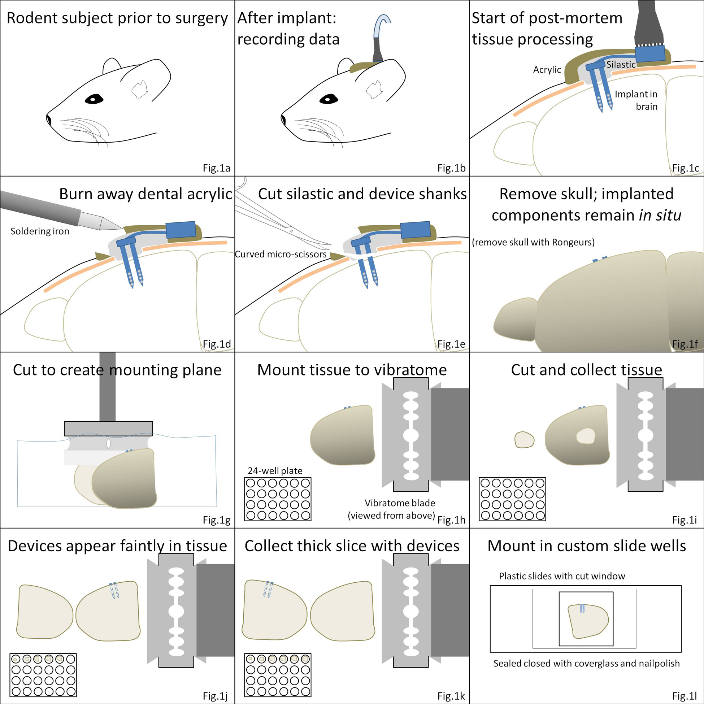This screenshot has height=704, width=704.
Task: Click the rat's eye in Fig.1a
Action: (94, 99)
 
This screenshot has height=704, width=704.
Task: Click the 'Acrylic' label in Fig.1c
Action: (547, 70)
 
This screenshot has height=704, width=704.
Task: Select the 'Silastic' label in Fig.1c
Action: (621, 65)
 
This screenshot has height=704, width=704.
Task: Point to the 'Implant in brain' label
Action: (636, 100)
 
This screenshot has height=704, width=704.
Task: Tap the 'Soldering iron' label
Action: (40, 231)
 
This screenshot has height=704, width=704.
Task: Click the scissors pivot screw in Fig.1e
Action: (291, 230)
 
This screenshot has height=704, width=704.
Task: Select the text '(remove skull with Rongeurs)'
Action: (533, 242)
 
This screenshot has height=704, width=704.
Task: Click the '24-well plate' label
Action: (275, 471)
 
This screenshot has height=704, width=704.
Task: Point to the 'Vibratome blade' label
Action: (400, 503)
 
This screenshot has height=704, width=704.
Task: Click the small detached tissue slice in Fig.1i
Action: (524, 440)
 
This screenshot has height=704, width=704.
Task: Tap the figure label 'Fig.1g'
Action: (217, 520)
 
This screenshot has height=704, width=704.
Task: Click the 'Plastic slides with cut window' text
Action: (562, 576)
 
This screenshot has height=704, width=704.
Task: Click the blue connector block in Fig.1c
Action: (650, 53)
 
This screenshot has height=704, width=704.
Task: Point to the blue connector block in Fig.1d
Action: (181, 230)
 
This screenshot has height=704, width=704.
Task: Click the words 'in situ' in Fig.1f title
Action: (660, 216)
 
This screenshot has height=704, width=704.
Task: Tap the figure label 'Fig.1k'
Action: (451, 696)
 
